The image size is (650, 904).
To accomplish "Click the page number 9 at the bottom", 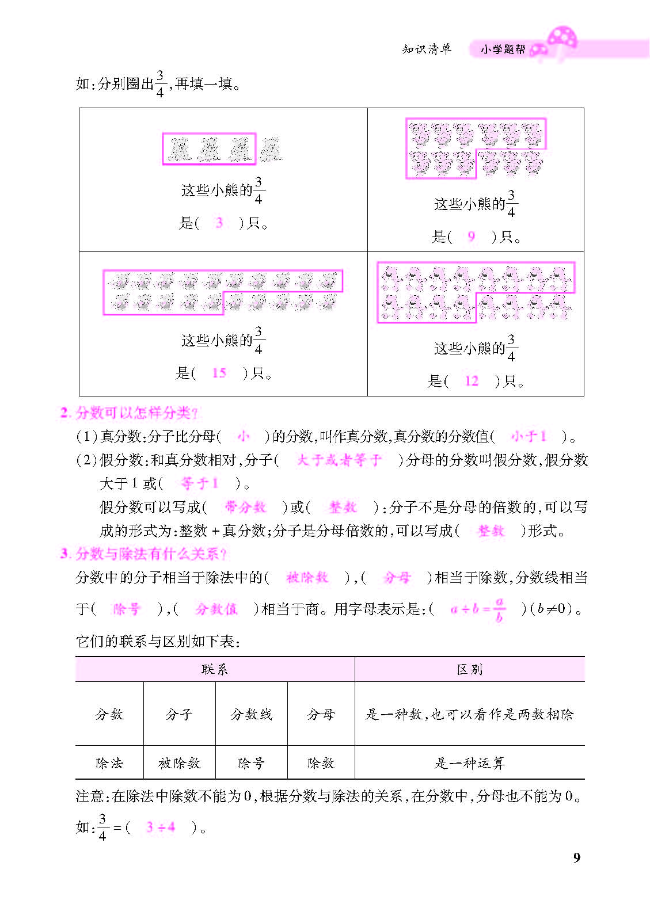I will coord(577,857).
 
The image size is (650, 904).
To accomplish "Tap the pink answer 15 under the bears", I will coord(219,373).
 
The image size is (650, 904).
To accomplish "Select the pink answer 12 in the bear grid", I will coord(472,380).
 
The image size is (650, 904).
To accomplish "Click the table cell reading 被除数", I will coord(180,763).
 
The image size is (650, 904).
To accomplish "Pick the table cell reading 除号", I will coord(251,763).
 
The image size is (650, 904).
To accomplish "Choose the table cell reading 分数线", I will coord(251,714).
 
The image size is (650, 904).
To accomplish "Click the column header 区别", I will coord(469,669).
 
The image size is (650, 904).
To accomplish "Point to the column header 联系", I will coord(215,669).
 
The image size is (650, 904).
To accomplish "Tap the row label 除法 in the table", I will coord(109,763).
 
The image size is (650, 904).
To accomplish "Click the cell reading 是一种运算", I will coord(469,763).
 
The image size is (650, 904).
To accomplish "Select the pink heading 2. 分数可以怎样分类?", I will coord(129,413).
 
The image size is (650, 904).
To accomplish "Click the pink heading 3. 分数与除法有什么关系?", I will coord(143,554).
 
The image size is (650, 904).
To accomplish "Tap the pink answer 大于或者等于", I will coord(339,460).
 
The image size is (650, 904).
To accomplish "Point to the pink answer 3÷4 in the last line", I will coord(161,827).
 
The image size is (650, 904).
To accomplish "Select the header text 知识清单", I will coord(427,49).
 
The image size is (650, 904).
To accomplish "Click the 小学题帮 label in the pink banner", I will coord(503,49).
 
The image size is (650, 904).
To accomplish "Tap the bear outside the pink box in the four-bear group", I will coord(269,149).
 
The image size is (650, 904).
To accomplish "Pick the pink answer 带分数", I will coord(245,507).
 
